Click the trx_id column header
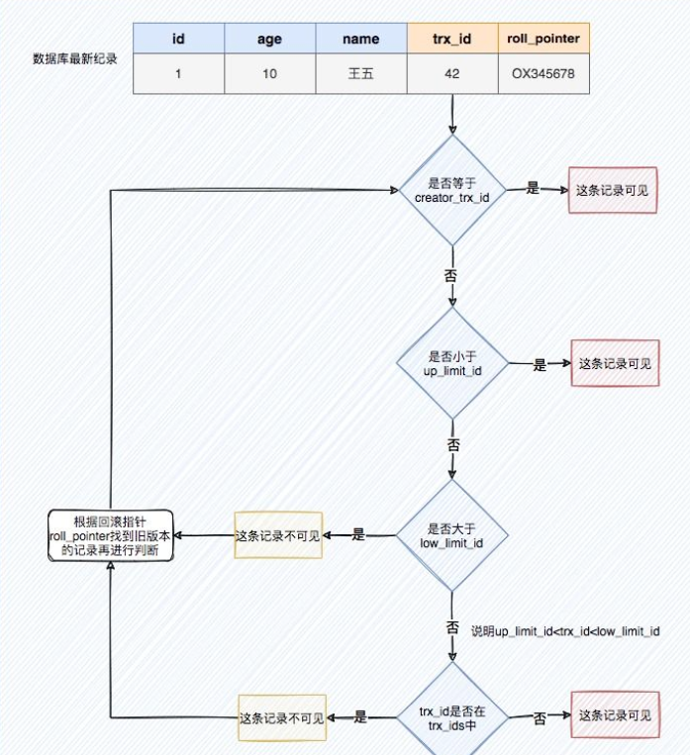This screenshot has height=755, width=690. [x=452, y=40]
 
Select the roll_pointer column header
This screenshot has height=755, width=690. [x=543, y=40]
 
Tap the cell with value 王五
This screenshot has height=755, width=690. [x=361, y=74]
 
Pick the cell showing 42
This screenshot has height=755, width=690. [x=452, y=74]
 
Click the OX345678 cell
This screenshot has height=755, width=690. [x=543, y=74]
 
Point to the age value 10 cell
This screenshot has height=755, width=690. [x=270, y=74]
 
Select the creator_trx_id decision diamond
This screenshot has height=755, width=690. [x=452, y=190]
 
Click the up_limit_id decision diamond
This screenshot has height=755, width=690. [x=452, y=363]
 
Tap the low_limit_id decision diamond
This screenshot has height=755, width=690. [x=452, y=535]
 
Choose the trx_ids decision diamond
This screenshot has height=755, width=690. [x=452, y=716]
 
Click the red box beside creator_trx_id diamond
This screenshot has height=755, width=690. [x=612, y=190]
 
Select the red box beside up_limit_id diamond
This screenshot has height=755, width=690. [x=615, y=364]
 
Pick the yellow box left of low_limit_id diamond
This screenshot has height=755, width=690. [x=278, y=535]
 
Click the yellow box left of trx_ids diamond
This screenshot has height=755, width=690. [x=282, y=717]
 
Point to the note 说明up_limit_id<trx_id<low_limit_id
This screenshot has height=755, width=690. [x=565, y=630]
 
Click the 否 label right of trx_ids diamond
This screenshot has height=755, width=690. [x=540, y=717]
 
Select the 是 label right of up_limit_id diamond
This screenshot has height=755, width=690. [x=540, y=365]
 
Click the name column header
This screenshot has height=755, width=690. [x=361, y=40]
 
